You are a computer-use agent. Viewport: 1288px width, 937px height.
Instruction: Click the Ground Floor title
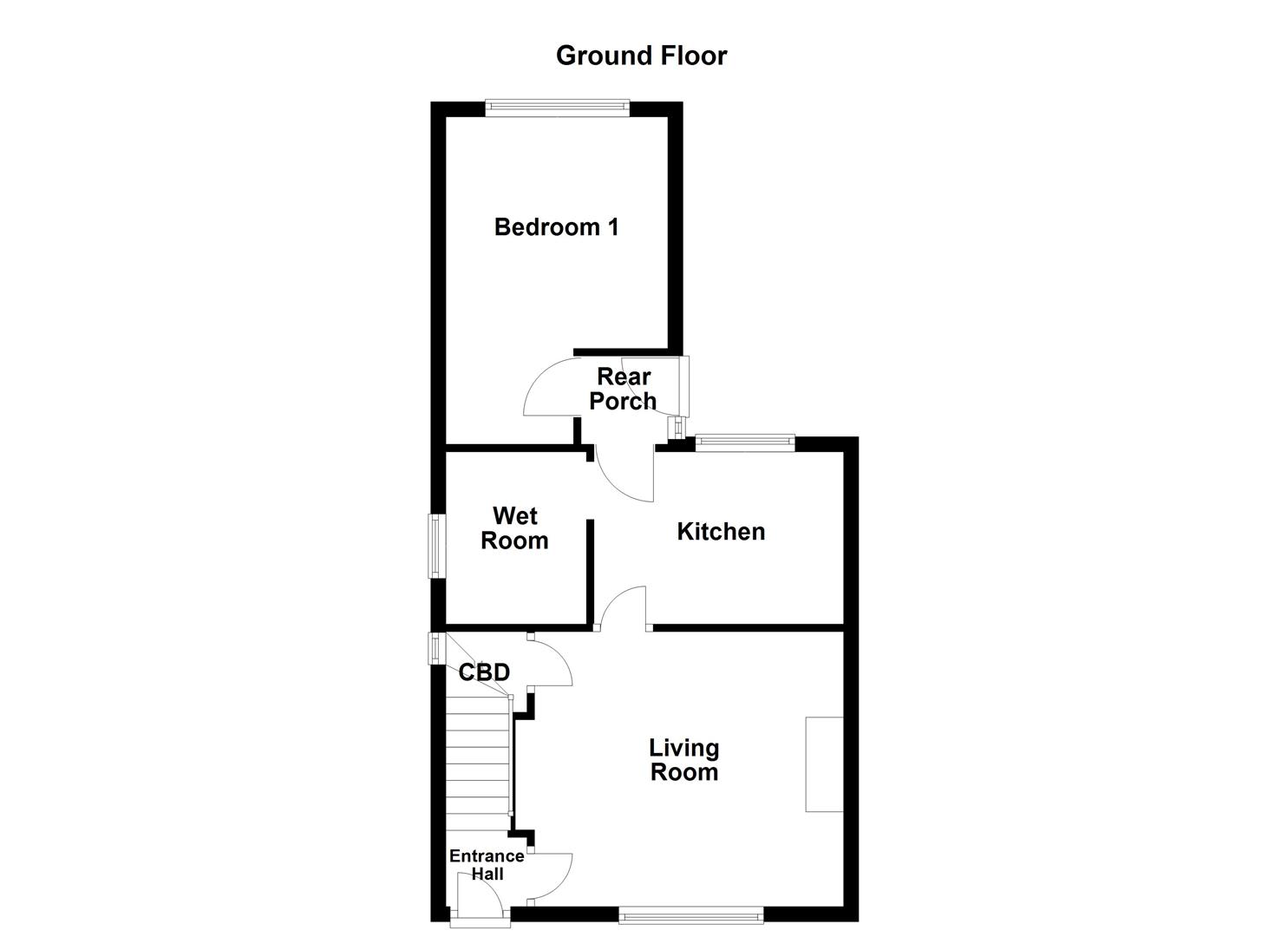click(x=641, y=56)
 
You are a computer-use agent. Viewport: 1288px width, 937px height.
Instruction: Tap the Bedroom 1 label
click(x=556, y=227)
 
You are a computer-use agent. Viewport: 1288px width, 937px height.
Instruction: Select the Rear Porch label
click(x=623, y=389)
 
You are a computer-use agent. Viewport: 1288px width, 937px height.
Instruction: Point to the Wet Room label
click(x=514, y=528)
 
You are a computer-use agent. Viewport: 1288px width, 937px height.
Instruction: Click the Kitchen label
click(x=721, y=532)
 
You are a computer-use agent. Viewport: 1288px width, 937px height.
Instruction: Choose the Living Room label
click(x=684, y=760)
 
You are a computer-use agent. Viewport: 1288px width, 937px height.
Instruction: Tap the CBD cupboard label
click(x=483, y=672)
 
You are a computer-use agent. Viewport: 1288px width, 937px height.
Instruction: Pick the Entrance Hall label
click(x=487, y=865)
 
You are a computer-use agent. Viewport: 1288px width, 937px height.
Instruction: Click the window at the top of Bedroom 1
click(x=557, y=106)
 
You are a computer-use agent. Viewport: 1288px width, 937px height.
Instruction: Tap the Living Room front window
click(x=691, y=914)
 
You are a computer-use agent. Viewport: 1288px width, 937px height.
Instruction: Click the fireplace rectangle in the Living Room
click(x=824, y=764)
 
